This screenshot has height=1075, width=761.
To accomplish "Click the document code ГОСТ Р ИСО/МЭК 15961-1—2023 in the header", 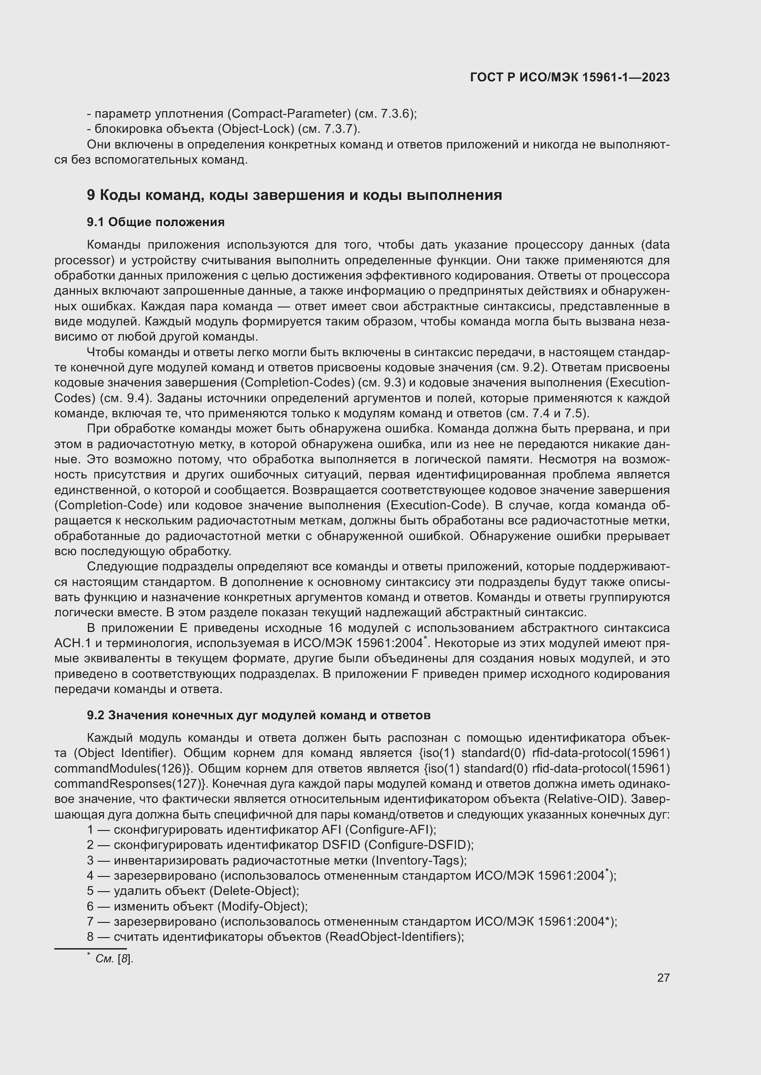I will pos(569,78).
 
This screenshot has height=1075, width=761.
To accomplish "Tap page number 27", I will pos(663,978).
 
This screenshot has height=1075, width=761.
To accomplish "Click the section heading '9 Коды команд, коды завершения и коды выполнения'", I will pos(294,195).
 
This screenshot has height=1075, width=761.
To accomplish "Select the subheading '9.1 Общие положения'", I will pos(156,222).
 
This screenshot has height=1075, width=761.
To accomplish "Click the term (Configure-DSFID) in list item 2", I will pos(418,845).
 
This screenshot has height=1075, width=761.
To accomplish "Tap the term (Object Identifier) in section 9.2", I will pos(124,753).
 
